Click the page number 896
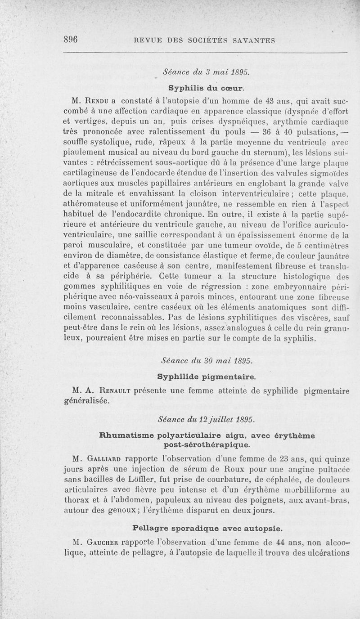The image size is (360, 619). (x=71, y=39)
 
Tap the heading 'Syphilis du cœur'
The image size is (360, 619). (x=206, y=86)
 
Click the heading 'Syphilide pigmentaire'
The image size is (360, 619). (x=207, y=376)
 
